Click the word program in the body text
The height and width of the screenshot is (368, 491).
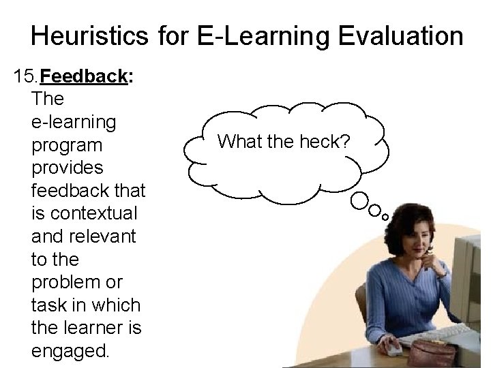pos(67,145)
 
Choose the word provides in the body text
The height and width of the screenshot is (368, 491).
pos(68,168)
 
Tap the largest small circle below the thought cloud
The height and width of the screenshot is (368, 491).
pos(359,200)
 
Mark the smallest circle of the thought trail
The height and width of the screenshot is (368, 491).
pos(385,216)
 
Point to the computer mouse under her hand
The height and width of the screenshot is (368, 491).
pos(393,350)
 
